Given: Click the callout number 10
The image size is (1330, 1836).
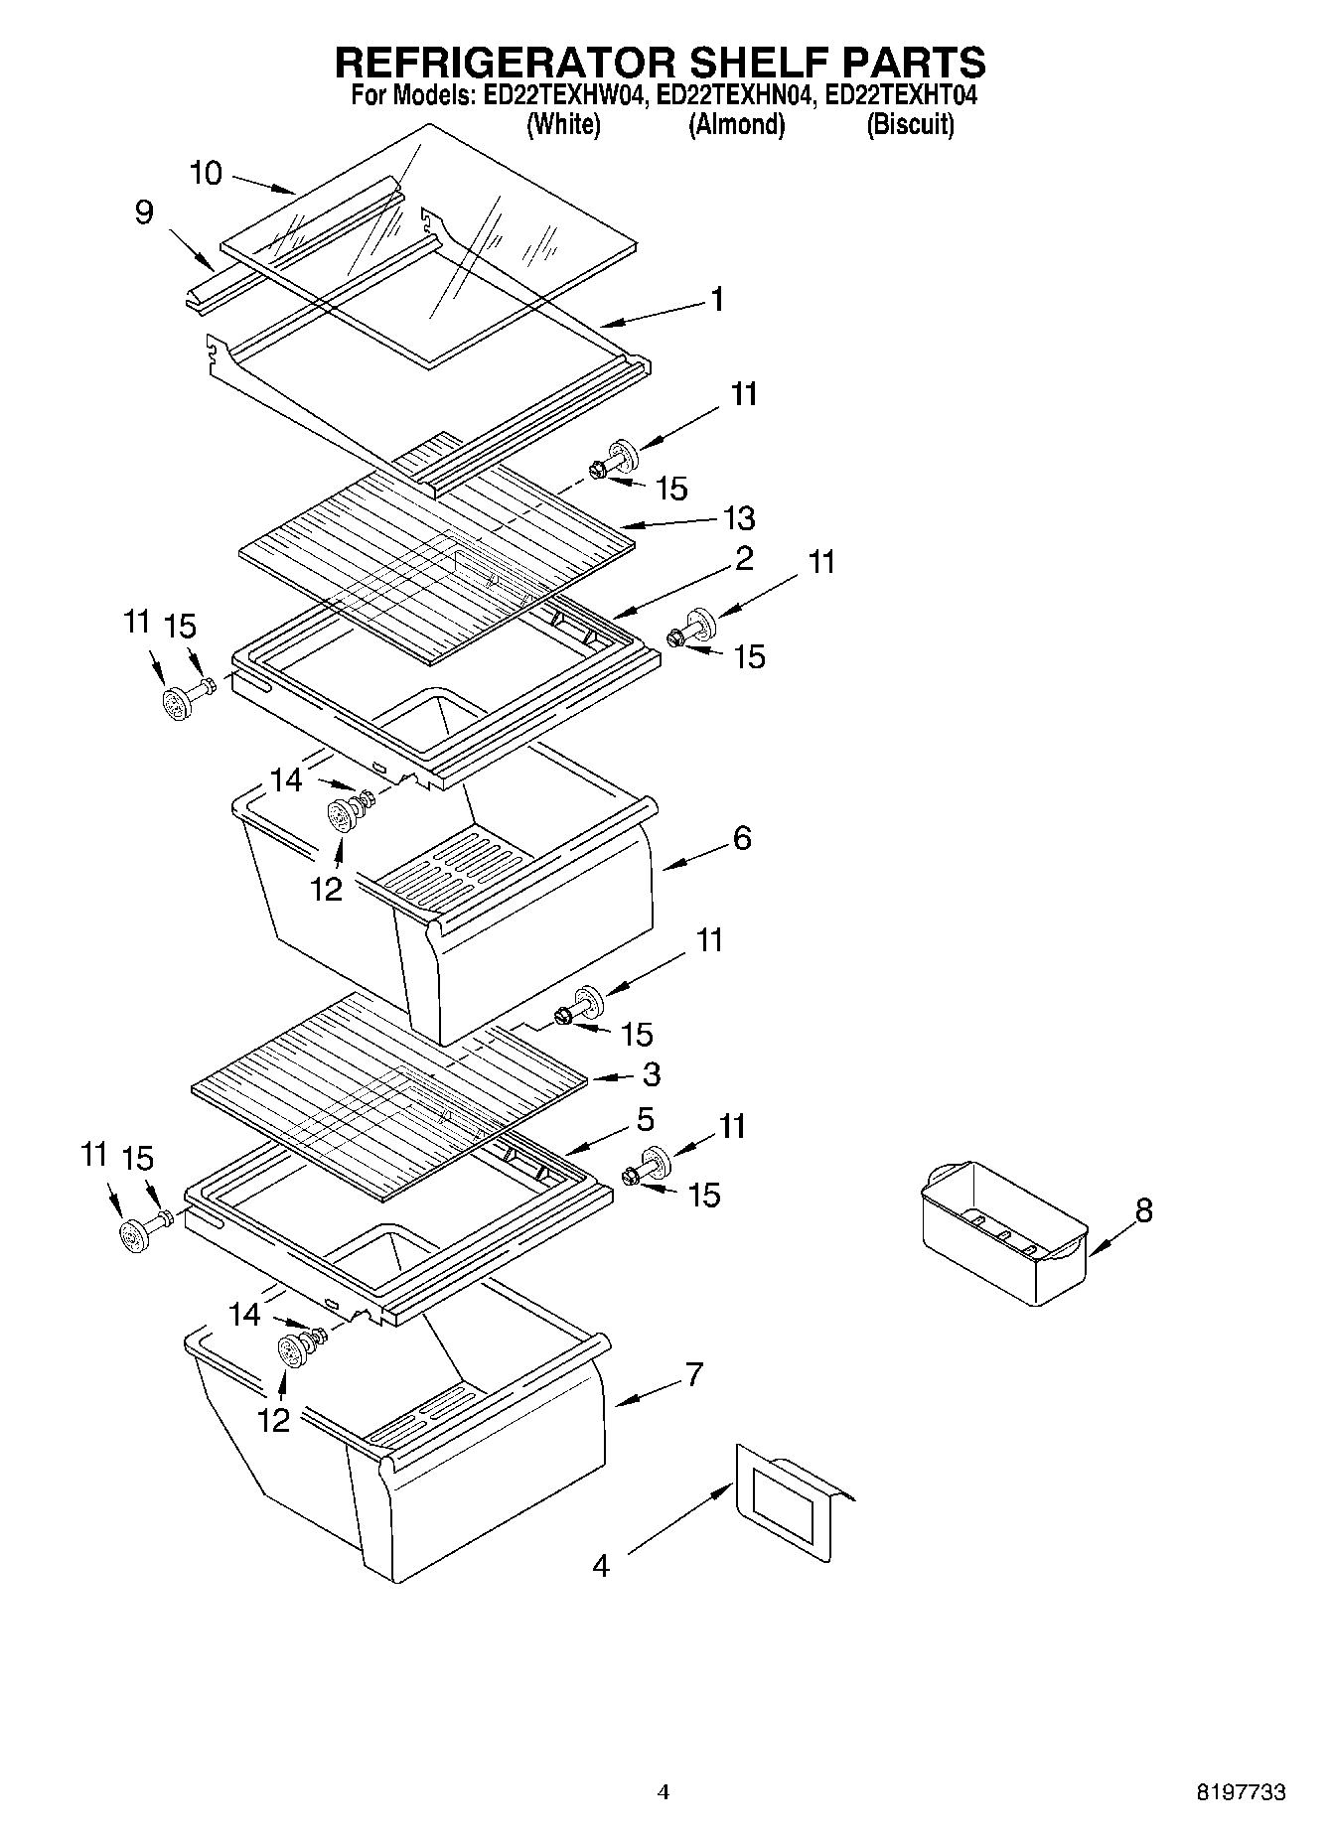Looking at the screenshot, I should point(206,174).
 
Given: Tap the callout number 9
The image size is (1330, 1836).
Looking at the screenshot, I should point(145,212).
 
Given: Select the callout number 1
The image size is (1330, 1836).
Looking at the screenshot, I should point(717,300).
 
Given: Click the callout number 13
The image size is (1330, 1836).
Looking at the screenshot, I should point(739,518).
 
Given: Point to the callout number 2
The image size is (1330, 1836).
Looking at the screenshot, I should point(744,558).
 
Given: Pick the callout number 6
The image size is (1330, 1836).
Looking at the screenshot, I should point(742,838).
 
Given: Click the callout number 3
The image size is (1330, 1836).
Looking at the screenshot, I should point(652,1074).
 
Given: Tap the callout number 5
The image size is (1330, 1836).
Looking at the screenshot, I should point(646,1120).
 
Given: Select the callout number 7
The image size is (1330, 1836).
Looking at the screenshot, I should point(694,1375).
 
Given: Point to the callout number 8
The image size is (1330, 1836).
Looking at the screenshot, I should point(1144,1210).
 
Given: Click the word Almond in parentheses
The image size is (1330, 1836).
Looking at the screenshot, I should point(736,125).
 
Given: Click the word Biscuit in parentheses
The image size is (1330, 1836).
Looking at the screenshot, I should point(910,125).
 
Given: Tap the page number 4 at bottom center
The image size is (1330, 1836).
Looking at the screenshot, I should point(664,1792).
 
